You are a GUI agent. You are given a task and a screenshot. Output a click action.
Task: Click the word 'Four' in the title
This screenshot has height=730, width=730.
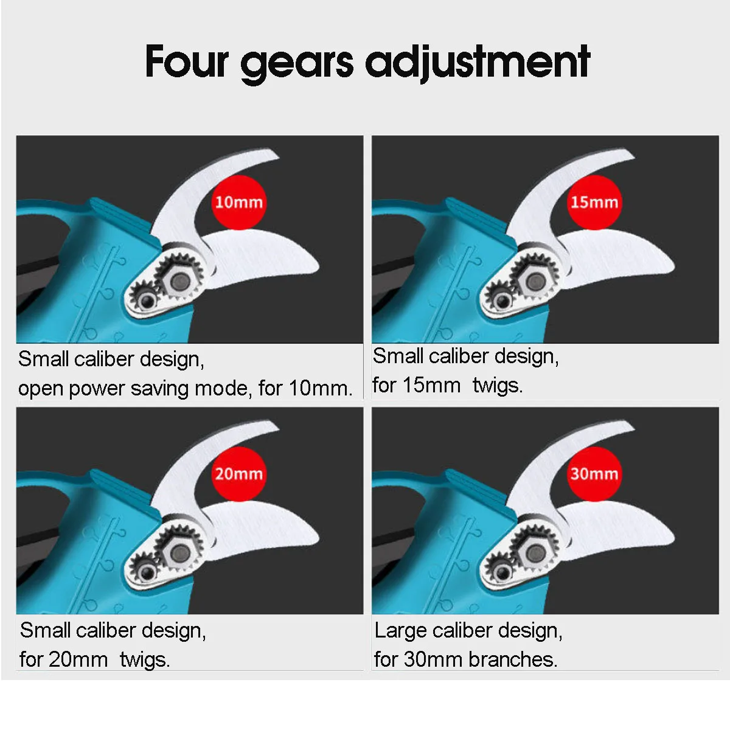187,61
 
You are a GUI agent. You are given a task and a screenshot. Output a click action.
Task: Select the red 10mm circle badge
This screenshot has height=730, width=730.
238,202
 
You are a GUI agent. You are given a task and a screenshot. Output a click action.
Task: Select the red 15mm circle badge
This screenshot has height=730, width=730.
594,202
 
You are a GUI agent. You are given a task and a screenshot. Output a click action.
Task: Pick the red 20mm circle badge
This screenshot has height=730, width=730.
238,473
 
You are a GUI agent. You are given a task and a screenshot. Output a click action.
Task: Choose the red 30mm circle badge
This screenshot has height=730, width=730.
594,473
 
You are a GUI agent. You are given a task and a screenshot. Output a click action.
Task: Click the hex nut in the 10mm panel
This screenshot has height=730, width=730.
180,281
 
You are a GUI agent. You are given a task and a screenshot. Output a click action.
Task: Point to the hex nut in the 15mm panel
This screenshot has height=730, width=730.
535,281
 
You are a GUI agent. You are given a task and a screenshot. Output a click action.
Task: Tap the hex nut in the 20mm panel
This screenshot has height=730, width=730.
180,552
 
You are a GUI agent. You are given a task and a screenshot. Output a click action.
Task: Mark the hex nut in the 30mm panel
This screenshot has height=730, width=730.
535,552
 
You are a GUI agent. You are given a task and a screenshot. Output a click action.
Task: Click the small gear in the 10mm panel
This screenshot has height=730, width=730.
145,301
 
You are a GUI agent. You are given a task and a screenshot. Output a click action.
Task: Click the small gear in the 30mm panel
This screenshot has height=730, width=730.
500,572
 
